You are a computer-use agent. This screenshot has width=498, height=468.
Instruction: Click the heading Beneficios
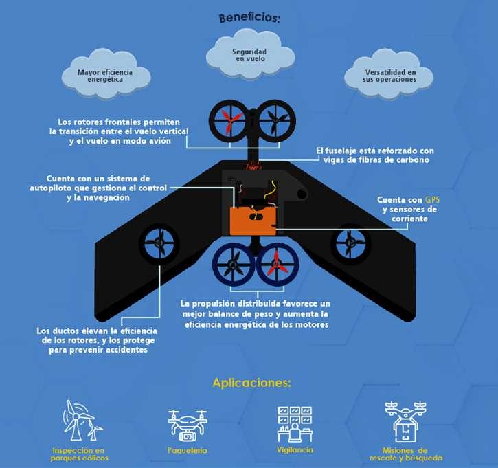point(248,19)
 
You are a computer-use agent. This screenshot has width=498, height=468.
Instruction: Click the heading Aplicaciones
point(252,382)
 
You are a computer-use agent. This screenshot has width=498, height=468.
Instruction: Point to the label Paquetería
point(188,451)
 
